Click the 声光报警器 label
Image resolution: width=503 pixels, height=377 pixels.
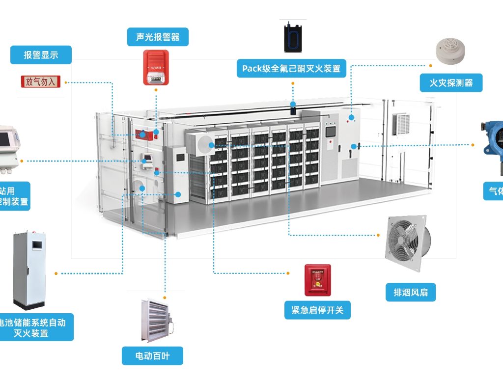coord(158,37)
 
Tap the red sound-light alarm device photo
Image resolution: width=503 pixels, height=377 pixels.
coord(156,67)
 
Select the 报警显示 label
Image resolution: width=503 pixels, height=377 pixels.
coord(41,55)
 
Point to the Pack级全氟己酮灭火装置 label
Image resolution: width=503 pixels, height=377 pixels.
coord(291,68)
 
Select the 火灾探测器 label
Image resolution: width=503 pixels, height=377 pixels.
coord(451,83)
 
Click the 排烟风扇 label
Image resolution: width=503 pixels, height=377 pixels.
coord(411,293)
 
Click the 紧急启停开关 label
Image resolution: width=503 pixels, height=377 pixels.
coord(317,310)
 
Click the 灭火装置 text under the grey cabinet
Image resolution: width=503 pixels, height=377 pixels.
coord(31,333)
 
